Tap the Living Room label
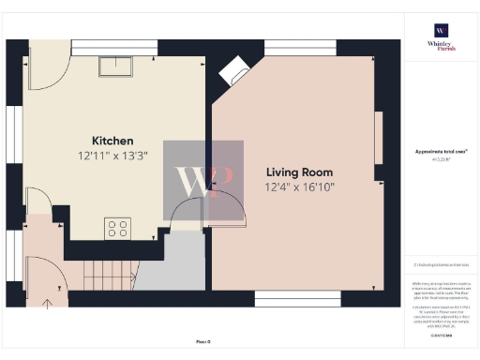click(299, 172)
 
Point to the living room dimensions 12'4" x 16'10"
click(299, 187)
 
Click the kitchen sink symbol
click(119, 65)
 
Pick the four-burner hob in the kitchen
click(118, 228)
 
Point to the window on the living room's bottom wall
click(297, 298)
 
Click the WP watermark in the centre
click(203, 180)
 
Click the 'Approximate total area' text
click(441, 152)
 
